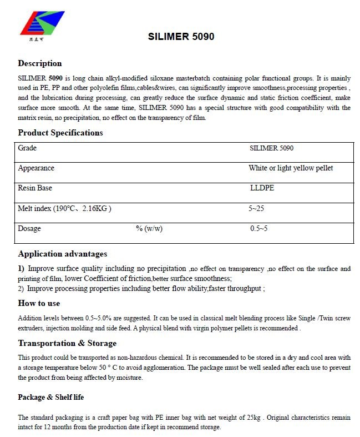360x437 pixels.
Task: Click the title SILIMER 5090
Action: coord(181,37)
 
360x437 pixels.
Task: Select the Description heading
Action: coord(40,63)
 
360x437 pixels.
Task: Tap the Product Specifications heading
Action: coord(60,133)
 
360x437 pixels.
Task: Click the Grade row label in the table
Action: coord(27,148)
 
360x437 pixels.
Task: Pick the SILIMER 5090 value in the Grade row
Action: coord(272,148)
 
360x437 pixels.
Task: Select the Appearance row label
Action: coord(36,168)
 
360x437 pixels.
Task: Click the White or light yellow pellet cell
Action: coord(291,168)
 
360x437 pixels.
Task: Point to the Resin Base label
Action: coord(35,188)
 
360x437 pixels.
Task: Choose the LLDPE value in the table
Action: coord(262,188)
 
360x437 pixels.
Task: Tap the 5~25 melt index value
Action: coord(257,209)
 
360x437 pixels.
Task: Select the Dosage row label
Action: coord(29,229)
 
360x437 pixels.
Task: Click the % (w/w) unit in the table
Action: coord(149,229)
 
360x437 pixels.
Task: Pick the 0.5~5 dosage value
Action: coord(258,229)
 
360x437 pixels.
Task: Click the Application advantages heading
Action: coord(63,254)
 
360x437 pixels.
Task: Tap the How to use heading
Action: coord(39,303)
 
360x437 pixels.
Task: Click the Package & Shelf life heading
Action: coord(51,397)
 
